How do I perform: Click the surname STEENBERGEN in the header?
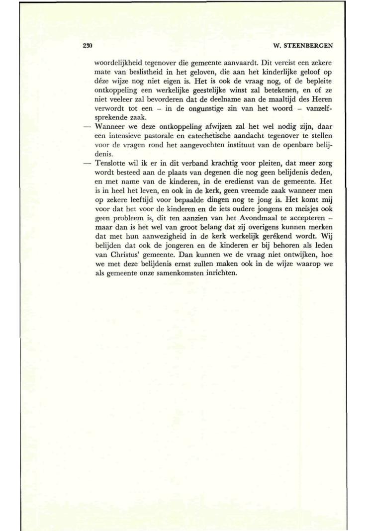tap(309, 46)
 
